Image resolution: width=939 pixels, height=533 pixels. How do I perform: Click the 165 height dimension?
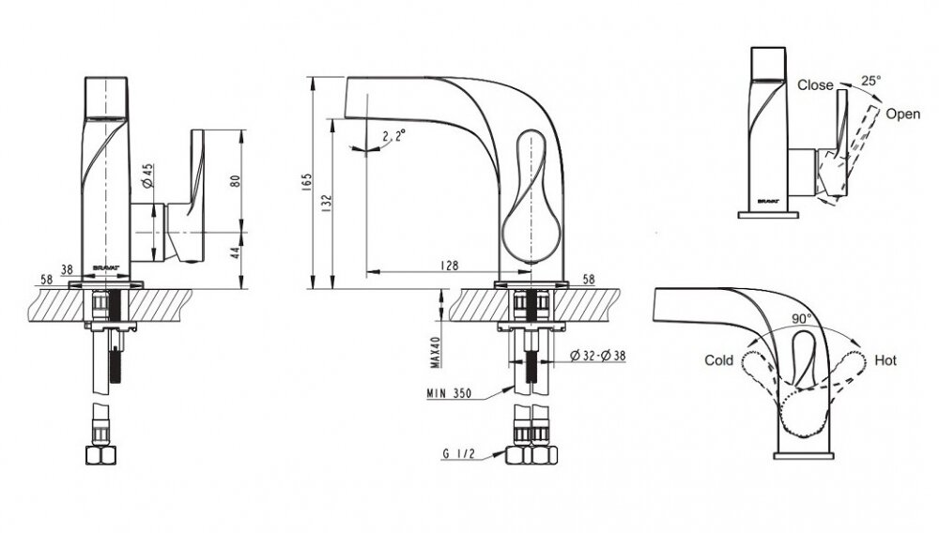point(307,182)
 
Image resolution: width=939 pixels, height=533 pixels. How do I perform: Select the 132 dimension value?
point(327,204)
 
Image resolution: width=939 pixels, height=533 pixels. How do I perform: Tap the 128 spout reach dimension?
point(449,265)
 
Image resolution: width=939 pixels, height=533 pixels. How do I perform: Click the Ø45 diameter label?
point(148,175)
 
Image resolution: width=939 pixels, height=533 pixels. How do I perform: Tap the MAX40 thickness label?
point(436,352)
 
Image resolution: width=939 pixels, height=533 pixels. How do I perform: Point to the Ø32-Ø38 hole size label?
point(597,356)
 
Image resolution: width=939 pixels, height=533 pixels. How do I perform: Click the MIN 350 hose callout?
point(449,393)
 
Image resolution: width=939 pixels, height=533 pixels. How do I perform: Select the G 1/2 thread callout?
point(459,453)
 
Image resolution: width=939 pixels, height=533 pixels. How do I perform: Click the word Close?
point(815,85)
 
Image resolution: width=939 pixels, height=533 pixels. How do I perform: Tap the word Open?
point(902,114)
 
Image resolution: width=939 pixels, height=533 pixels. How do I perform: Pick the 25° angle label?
point(871,80)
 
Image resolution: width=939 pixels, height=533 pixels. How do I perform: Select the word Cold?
point(718,360)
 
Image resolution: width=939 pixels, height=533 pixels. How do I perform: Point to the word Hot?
point(885,360)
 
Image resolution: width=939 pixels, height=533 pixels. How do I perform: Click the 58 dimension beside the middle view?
point(589,279)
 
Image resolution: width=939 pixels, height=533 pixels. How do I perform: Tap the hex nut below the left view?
point(100,455)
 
